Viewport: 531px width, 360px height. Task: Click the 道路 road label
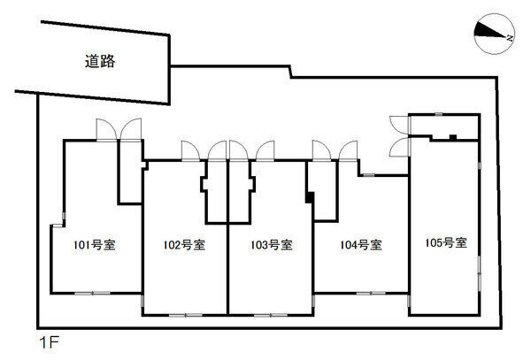(x=100, y=61)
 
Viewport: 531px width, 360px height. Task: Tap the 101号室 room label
(x=95, y=245)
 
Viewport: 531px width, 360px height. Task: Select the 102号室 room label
(x=184, y=245)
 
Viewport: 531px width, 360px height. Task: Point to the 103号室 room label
(x=272, y=245)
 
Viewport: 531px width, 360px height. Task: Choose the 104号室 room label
(x=361, y=245)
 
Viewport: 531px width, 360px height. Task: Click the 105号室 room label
(x=446, y=242)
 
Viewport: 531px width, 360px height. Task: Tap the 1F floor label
(x=50, y=342)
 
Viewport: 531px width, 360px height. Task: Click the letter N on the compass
(x=510, y=37)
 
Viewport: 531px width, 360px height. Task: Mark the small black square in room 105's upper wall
(x=453, y=137)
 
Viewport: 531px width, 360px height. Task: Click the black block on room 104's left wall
(x=310, y=197)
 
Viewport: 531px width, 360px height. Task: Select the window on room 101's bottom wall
(x=92, y=293)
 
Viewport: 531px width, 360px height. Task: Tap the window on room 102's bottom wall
(x=186, y=316)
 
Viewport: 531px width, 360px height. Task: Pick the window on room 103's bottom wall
(x=271, y=316)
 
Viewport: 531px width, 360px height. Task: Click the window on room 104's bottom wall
(x=371, y=293)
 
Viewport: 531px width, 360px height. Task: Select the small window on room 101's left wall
(x=64, y=216)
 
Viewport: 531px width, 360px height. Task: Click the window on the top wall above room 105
(x=439, y=114)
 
